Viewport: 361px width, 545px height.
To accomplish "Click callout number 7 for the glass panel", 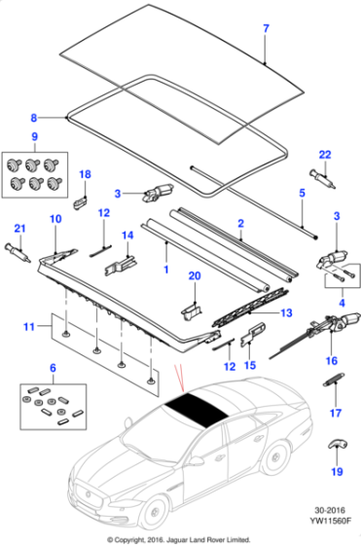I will click(265, 28).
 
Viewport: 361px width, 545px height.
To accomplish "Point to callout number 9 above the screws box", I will click(34, 135).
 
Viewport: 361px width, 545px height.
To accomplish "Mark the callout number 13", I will click(286, 312).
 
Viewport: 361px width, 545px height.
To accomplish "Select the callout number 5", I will click(302, 194).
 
